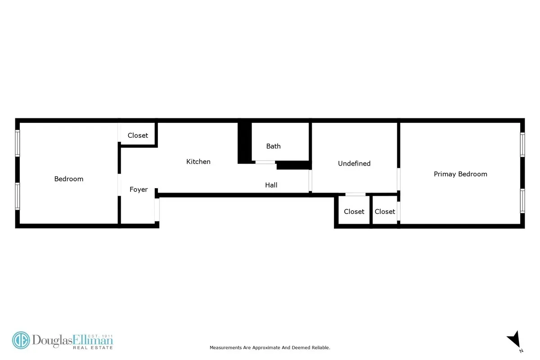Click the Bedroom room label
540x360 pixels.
click(69, 179)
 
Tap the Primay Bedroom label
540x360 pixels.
click(460, 174)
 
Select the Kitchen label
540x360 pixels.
click(198, 162)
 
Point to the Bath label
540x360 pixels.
click(273, 146)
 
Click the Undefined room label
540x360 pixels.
click(354, 163)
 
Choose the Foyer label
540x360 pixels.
click(139, 189)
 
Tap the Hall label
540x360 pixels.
click(271, 185)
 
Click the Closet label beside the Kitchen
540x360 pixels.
click(138, 135)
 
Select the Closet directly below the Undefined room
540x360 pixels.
click(354, 211)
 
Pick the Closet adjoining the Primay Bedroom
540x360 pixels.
click(385, 211)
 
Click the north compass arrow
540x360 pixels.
click(513, 340)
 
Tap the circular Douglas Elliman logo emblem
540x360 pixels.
click(21, 341)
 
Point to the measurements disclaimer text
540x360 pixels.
click(270, 347)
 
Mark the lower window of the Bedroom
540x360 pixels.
click(18, 196)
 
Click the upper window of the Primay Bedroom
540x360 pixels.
click(523, 144)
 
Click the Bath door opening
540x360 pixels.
click(265, 162)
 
